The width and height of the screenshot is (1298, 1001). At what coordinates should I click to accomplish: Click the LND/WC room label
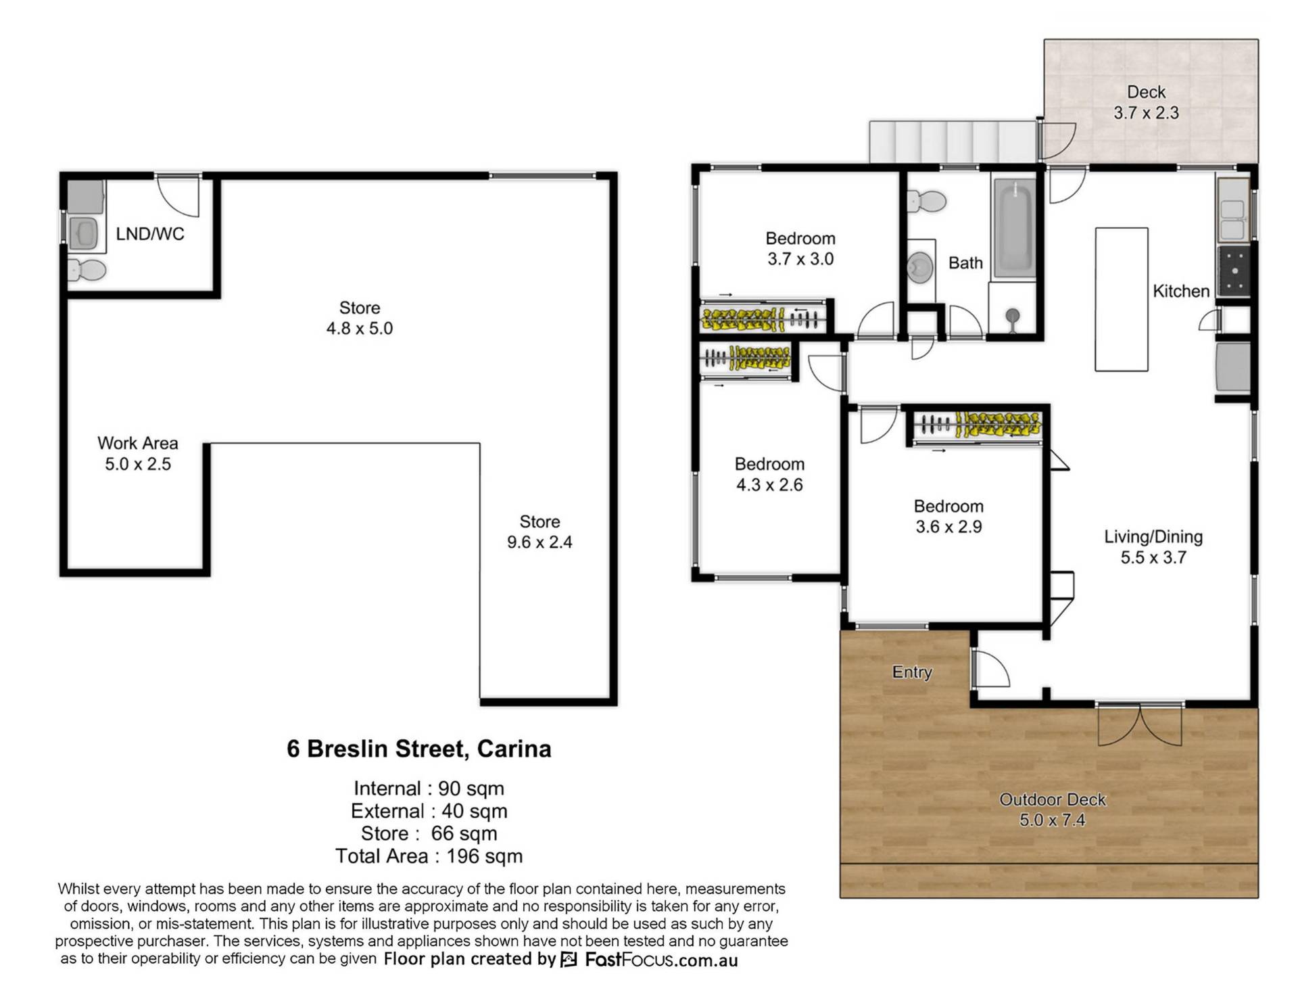coord(149,234)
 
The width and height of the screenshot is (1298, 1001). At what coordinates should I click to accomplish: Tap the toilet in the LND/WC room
coord(87,271)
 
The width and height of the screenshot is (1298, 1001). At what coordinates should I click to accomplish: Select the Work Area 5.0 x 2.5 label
coord(138,454)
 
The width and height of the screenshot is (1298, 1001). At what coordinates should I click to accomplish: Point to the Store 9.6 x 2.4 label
coord(539,532)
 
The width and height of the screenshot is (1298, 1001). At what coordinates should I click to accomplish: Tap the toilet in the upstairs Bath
coord(926,201)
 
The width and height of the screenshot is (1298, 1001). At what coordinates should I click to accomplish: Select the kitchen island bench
coord(1121,299)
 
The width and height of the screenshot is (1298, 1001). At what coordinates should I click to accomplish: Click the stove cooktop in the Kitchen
coord(1234,271)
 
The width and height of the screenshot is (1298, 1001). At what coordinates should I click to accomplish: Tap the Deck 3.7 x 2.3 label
coord(1146,102)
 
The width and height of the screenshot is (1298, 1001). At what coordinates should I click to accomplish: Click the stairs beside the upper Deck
coord(953,142)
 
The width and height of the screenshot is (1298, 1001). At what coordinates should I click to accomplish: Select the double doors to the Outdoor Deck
coord(1140,725)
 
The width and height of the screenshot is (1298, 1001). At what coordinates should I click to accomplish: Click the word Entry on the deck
coord(912,672)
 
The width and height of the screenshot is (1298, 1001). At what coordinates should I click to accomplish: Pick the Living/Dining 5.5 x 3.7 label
coord(1153,546)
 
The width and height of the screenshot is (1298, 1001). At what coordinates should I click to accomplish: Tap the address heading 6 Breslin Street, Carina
coord(419,749)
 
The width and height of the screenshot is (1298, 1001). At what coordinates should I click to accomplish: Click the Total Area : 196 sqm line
coord(429,856)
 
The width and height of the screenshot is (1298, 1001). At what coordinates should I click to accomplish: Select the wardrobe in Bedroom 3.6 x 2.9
coord(977,426)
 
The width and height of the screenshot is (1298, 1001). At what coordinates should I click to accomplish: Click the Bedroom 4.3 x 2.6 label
coord(769,474)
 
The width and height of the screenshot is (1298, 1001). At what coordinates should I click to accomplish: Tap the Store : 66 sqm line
coord(429,833)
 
